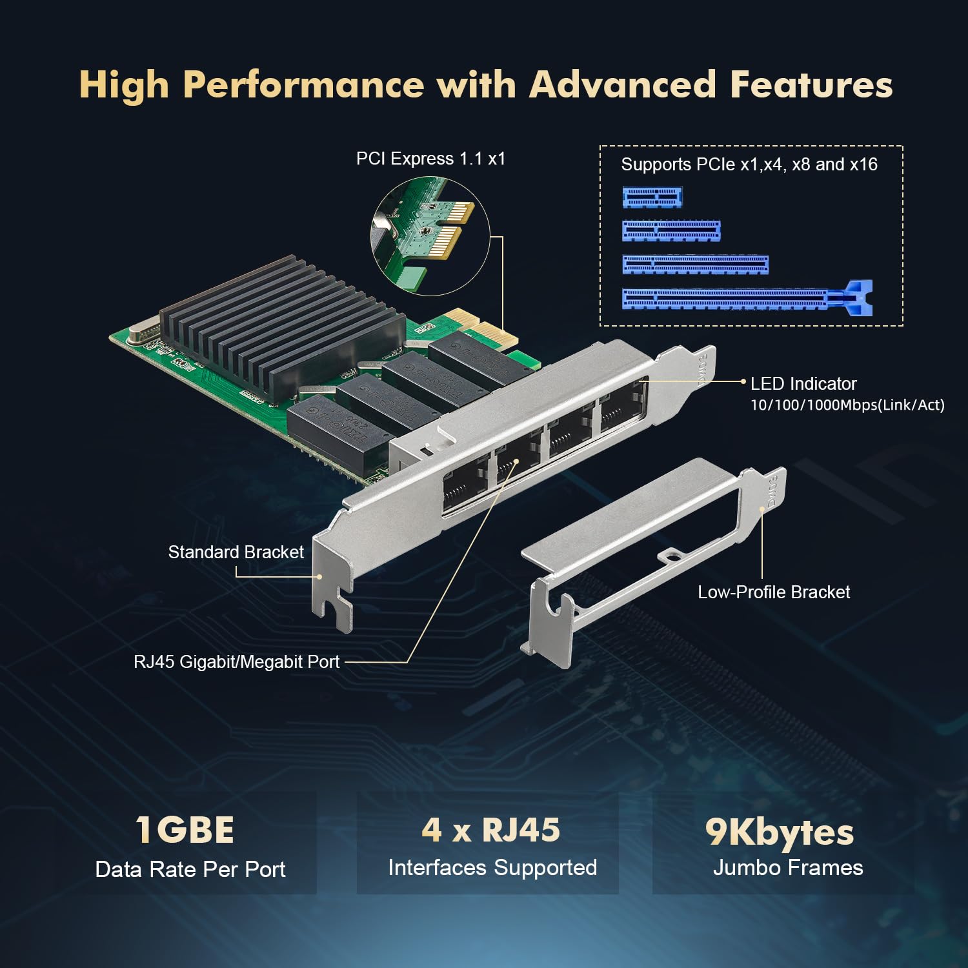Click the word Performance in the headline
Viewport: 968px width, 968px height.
click(303, 85)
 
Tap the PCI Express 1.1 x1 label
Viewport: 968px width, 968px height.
click(430, 159)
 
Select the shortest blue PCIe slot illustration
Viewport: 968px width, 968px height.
click(652, 197)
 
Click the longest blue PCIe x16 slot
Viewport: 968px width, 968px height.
click(747, 299)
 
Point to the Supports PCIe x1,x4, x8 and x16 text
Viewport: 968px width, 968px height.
click(749, 165)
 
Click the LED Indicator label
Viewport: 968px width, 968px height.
click(803, 384)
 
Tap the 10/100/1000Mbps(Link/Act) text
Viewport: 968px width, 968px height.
click(847, 405)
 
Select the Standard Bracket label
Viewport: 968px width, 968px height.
click(236, 552)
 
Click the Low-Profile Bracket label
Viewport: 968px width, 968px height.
click(773, 592)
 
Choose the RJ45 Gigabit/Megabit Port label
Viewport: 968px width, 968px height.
click(236, 662)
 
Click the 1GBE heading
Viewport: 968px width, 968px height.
click(185, 830)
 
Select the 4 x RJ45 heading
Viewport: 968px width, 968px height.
click(490, 830)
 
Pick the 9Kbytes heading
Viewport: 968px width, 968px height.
click(779, 832)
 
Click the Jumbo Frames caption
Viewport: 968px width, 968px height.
click(787, 868)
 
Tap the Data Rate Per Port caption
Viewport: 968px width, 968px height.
click(190, 870)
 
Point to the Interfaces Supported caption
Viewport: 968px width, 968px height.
click(492, 868)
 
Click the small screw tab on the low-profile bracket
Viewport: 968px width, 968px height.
click(671, 554)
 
